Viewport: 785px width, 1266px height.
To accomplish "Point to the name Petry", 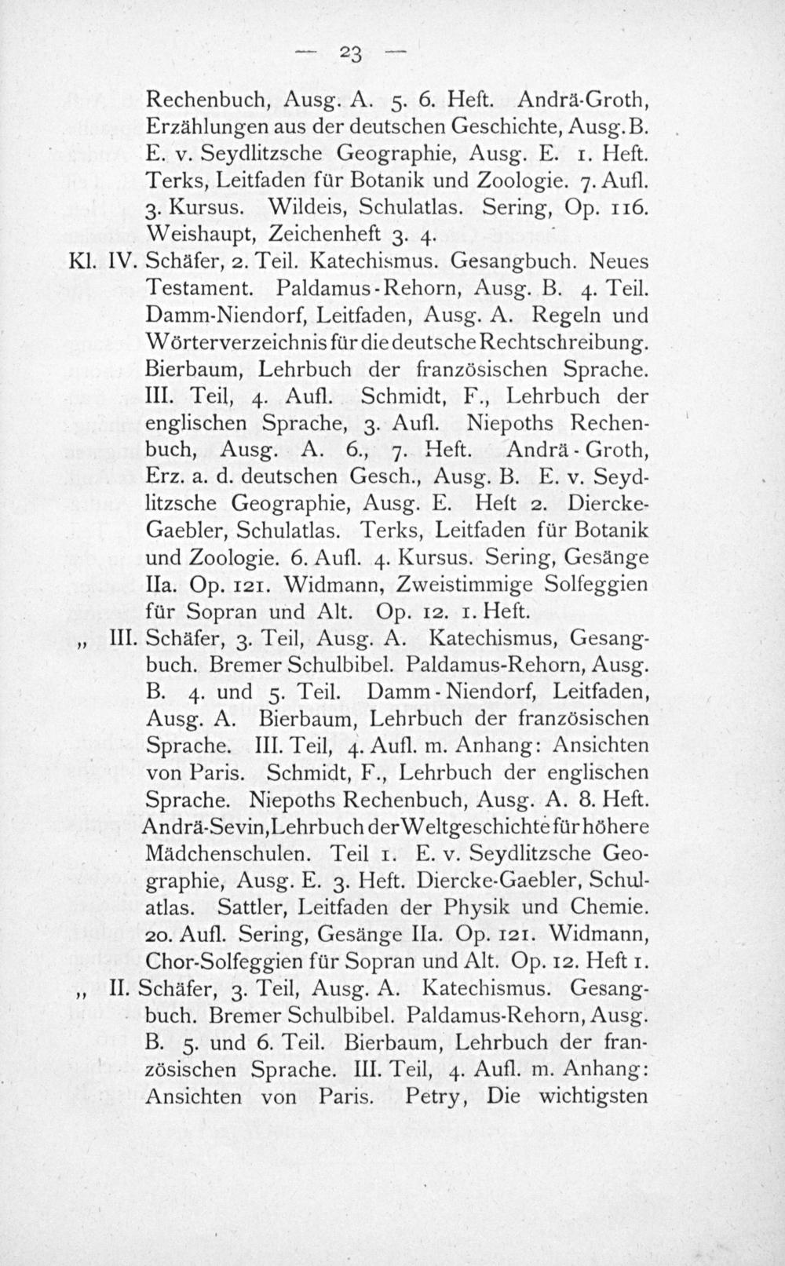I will pyautogui.click(x=432, y=1096).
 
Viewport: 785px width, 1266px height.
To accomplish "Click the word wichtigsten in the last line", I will pyautogui.click(x=592, y=1096).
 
